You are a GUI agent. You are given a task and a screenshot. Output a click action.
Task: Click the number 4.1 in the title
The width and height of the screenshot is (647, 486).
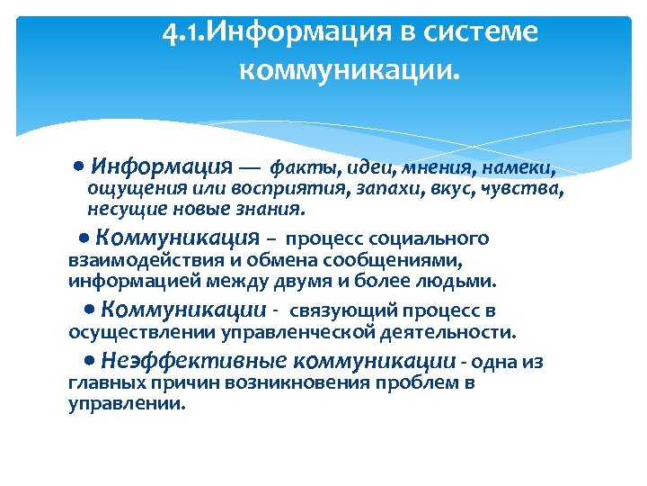(185, 34)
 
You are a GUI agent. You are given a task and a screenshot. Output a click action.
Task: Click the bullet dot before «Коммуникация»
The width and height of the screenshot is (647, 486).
(83, 238)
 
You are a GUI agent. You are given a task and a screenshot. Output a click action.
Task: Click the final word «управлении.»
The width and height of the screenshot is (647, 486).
(127, 404)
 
